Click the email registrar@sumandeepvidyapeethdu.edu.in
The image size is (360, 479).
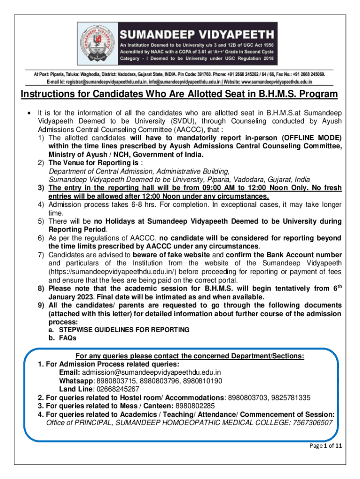pyautogui.click(x=102, y=81)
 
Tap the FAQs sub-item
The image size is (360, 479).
pyautogui.click(x=67, y=338)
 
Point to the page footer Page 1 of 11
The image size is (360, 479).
pyautogui.click(x=326, y=446)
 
